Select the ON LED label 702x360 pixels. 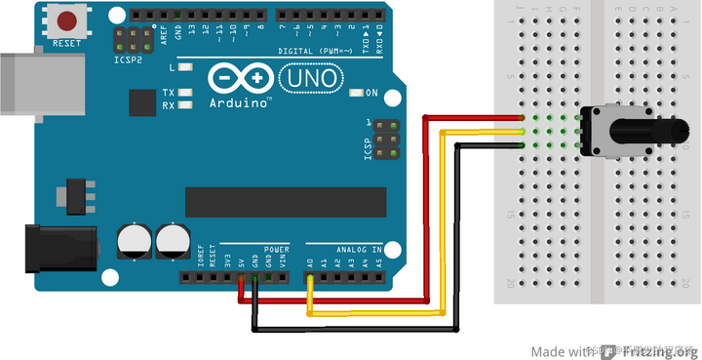click(x=371, y=93)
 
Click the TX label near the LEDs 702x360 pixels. click(x=168, y=93)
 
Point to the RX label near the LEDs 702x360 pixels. click(x=168, y=105)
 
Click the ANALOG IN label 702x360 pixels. click(x=356, y=250)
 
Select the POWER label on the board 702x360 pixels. click(x=276, y=250)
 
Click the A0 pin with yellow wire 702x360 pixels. click(x=310, y=278)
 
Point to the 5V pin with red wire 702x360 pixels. click(x=241, y=278)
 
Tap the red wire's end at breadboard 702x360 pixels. click(x=523, y=118)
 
